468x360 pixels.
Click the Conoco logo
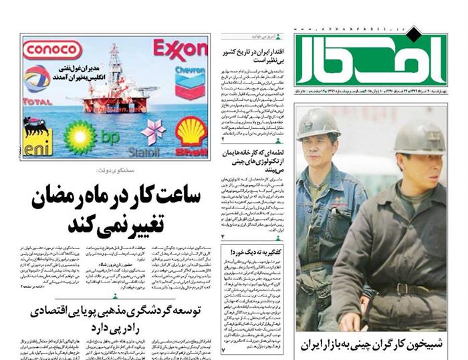coord(51,50)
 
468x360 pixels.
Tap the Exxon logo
coord(180,49)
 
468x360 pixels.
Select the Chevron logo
coord(190,81)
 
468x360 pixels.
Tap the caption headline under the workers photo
coord(372,345)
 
